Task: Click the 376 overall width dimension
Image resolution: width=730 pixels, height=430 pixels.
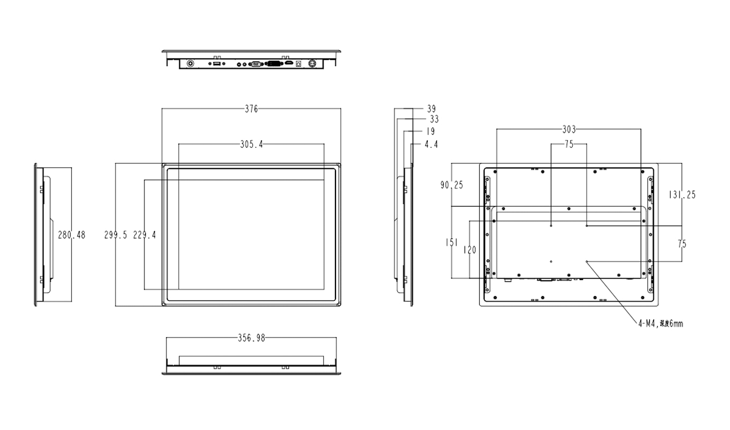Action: [x=251, y=109]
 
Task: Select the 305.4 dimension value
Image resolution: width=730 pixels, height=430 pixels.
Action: [x=251, y=144]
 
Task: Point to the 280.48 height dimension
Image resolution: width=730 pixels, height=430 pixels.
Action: [x=71, y=235]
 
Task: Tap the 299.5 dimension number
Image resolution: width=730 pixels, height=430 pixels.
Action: [x=115, y=235]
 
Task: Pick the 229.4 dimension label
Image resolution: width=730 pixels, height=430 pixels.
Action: [x=144, y=235]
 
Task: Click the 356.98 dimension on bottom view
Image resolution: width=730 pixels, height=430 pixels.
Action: [x=251, y=338]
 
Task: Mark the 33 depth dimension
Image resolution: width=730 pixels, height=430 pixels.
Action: [x=433, y=119]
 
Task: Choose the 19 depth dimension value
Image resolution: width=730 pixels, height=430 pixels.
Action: [x=430, y=131]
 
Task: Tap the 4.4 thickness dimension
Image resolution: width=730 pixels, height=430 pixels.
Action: [x=430, y=144]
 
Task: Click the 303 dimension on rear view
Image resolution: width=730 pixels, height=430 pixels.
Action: [x=568, y=130]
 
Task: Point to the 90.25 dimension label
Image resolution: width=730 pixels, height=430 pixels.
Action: [x=451, y=185]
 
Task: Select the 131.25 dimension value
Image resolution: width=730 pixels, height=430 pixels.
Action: [x=682, y=195]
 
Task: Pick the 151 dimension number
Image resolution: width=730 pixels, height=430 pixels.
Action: [x=451, y=242]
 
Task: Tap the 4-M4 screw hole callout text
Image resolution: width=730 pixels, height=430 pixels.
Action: [x=660, y=324]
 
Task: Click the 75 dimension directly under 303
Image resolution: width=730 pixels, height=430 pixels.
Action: [x=569, y=144]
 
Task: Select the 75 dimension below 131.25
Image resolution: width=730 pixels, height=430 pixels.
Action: [x=682, y=244]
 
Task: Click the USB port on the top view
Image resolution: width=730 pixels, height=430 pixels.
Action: [x=216, y=64]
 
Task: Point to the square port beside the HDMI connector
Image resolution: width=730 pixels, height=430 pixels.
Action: [x=298, y=64]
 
